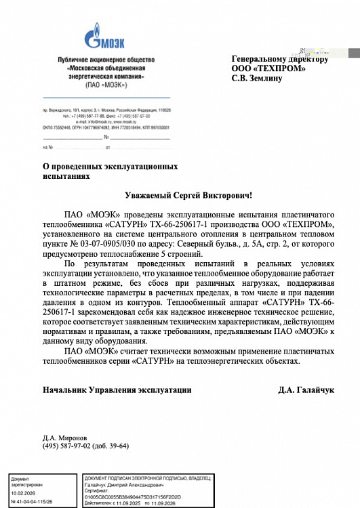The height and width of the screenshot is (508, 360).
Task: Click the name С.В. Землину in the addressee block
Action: [x=258, y=79]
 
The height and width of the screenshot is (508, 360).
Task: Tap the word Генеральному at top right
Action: [x=261, y=59]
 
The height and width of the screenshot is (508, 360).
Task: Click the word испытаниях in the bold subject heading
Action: [x=66, y=175]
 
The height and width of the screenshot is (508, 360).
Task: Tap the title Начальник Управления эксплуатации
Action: [x=117, y=390]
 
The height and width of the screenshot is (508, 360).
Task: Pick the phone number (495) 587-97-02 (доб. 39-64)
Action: [x=85, y=446]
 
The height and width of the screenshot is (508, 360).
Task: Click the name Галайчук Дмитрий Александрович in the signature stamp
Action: [x=124, y=486]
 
